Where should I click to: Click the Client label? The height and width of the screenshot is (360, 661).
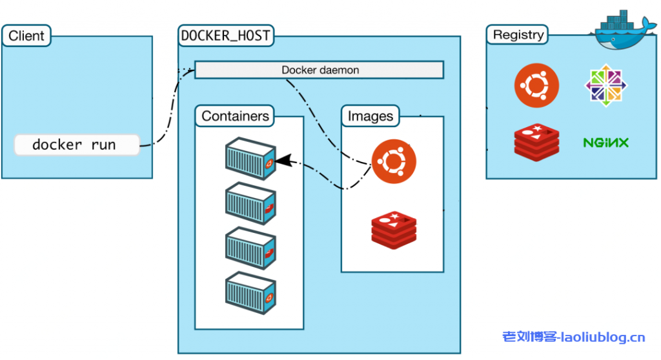26,36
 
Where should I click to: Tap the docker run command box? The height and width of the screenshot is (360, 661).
76,145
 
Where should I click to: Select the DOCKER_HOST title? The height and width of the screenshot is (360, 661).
225,36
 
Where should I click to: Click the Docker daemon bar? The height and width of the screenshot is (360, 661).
320,70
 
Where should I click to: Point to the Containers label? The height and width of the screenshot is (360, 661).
235,117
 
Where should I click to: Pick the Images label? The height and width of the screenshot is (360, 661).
371,117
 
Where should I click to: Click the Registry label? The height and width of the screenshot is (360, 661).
518,35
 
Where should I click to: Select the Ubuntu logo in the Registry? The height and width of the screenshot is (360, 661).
536,85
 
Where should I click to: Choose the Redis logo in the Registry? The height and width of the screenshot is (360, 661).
536,142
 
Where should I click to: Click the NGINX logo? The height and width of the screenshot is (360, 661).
605,142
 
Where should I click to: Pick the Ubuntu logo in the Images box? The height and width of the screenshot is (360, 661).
394,161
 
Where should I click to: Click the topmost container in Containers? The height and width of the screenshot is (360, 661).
250,159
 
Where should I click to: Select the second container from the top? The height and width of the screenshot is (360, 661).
250,203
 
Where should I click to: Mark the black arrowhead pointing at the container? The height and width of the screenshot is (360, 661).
283,159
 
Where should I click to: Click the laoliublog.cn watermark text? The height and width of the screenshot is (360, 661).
573,337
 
